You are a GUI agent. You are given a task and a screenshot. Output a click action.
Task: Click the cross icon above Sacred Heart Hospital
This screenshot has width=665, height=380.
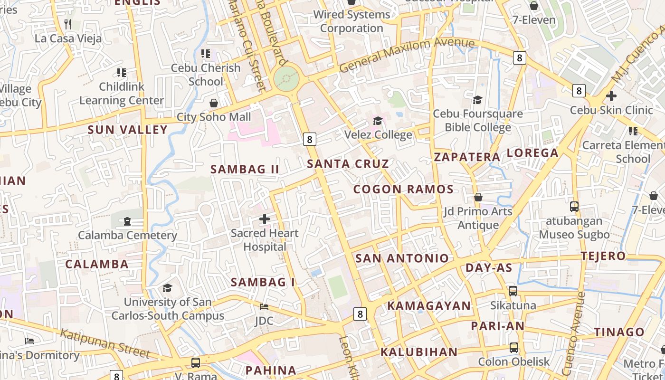click(x=265, y=219)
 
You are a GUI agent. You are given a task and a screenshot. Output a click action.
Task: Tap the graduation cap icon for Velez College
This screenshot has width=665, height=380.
click(x=378, y=121)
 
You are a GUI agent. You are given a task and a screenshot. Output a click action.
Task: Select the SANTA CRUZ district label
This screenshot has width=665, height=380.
click(x=348, y=164)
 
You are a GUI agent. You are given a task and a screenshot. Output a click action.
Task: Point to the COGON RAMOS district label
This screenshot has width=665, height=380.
click(x=403, y=189)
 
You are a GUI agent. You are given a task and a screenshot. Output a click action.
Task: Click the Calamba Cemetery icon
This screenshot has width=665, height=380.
click(x=127, y=221)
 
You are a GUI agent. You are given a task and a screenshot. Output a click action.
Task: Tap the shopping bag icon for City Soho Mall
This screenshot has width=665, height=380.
click(x=214, y=103)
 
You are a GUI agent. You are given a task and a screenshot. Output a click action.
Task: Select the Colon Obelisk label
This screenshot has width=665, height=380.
click(x=513, y=361)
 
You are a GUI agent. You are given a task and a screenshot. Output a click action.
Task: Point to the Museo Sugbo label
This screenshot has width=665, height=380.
click(x=574, y=235)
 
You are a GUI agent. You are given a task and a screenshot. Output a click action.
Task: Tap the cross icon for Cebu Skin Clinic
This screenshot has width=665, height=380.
click(x=611, y=96)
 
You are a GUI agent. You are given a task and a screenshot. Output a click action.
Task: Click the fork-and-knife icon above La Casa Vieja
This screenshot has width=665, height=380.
click(x=68, y=24)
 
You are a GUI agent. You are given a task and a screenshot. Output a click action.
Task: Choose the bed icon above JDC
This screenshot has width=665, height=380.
click(x=264, y=307)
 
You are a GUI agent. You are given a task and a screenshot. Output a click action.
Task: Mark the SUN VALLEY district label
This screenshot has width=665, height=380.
click(x=128, y=130)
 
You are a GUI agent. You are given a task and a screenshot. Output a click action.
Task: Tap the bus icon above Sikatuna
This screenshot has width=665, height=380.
click(x=513, y=291)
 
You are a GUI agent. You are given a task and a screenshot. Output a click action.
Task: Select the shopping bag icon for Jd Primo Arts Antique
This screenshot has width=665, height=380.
click(x=478, y=197)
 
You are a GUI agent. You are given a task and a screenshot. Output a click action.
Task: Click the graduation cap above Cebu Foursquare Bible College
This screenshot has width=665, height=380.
click(x=477, y=100)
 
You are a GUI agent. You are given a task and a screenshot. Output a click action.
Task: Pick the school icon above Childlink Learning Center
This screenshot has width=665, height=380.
click(x=122, y=73)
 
